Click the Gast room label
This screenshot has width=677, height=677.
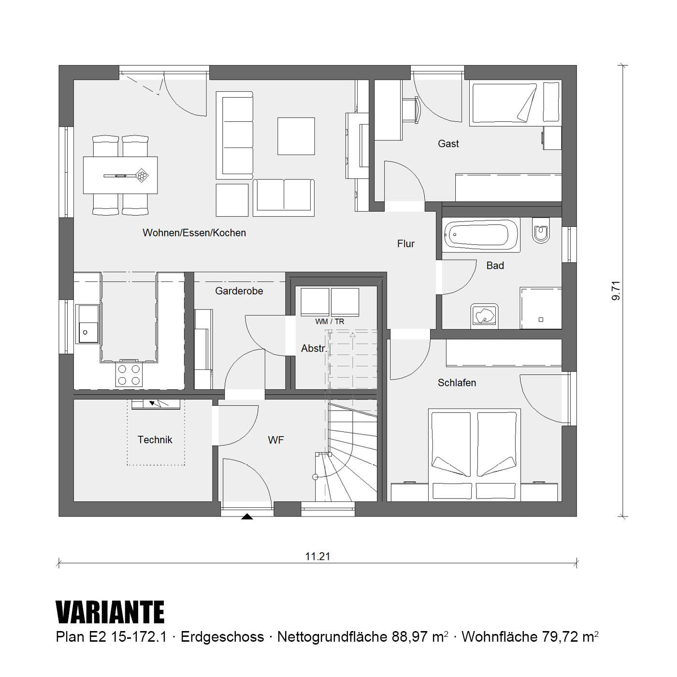pos(448,144)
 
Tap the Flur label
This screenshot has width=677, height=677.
pos(406,244)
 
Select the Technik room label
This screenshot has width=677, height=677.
pos(155,440)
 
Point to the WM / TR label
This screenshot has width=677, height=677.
pos(330,322)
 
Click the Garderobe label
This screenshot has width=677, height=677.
pos(239,291)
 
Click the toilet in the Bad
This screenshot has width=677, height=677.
pos(540,230)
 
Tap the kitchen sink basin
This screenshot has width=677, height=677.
pos(88,324)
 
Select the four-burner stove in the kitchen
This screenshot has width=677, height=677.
pos(129,375)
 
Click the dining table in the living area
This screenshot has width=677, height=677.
pos(120,175)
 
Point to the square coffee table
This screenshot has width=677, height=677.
pos(296,136)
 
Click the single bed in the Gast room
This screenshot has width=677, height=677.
pos(504,104)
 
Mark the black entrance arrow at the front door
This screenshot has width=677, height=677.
pos(247,516)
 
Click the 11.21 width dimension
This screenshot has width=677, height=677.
pos(318,557)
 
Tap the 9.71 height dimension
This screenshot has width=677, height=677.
pos(616,291)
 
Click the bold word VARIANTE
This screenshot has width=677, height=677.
pos(110,612)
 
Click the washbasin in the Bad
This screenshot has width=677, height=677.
pos(484,315)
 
